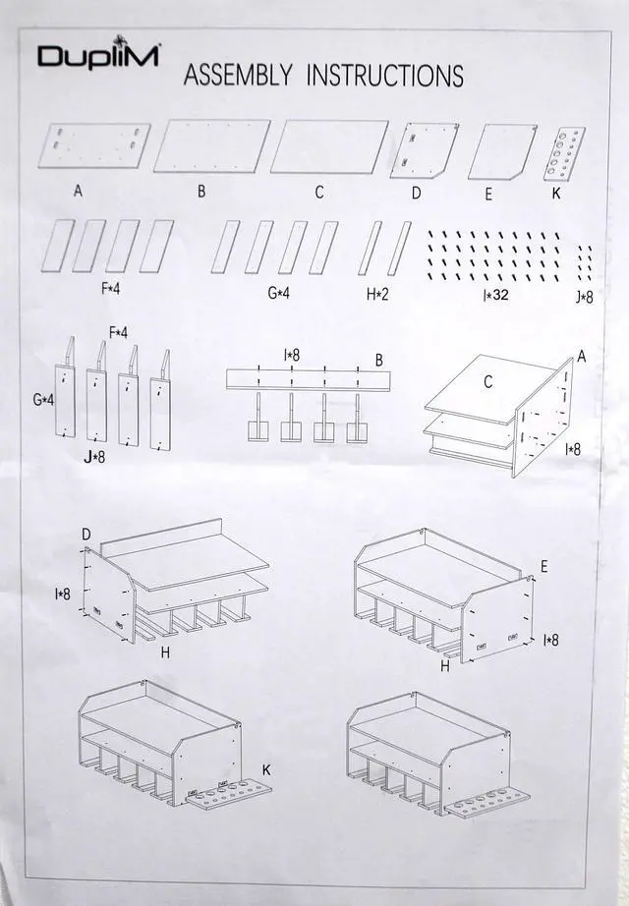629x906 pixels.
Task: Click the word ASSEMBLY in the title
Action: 238,77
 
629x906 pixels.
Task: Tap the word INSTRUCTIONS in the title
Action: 385,76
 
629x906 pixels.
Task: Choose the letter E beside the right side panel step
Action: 543,567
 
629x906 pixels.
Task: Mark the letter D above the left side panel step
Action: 86,534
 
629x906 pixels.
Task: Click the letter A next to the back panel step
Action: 581,358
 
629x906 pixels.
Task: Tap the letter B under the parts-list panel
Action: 201,192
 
